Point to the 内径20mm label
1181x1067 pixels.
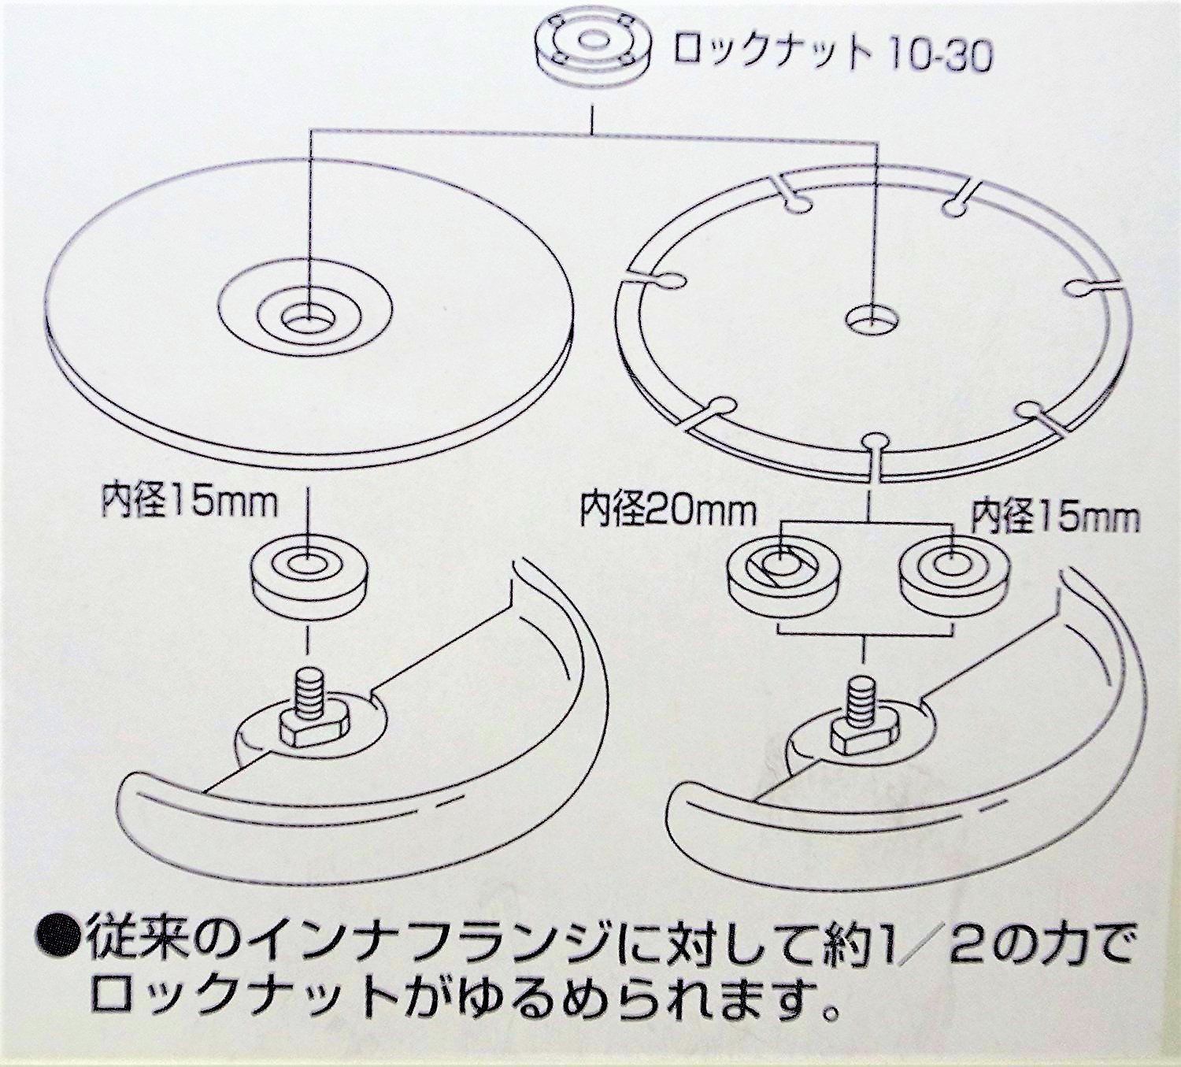click(x=668, y=510)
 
